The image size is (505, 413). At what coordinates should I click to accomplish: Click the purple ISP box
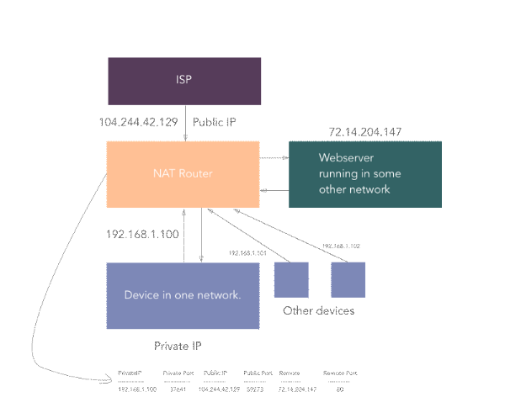pos(183,81)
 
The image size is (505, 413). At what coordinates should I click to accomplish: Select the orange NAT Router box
pos(183,174)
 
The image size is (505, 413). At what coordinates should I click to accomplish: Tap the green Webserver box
pos(365,174)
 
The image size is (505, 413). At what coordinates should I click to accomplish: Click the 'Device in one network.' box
pos(183,295)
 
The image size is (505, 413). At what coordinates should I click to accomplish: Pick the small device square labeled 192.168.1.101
pos(291,279)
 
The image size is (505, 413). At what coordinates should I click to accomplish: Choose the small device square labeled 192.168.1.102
pos(348,279)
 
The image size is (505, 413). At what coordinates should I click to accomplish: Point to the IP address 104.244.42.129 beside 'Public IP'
pos(138,122)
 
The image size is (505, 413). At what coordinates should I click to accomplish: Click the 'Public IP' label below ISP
pos(215,122)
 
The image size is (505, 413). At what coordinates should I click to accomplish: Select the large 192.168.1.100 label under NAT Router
pos(142,234)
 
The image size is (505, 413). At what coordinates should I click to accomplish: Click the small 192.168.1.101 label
pos(247,252)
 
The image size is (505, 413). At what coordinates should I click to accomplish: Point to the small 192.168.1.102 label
pos(341,246)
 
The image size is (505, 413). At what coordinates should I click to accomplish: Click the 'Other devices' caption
pos(319,311)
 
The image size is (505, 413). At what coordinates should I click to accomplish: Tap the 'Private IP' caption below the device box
pos(178,346)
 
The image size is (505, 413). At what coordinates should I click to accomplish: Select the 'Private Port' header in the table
pos(178,372)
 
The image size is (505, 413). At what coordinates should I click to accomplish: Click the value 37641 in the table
pos(177,389)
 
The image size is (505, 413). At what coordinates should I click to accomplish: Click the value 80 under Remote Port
pos(338,389)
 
